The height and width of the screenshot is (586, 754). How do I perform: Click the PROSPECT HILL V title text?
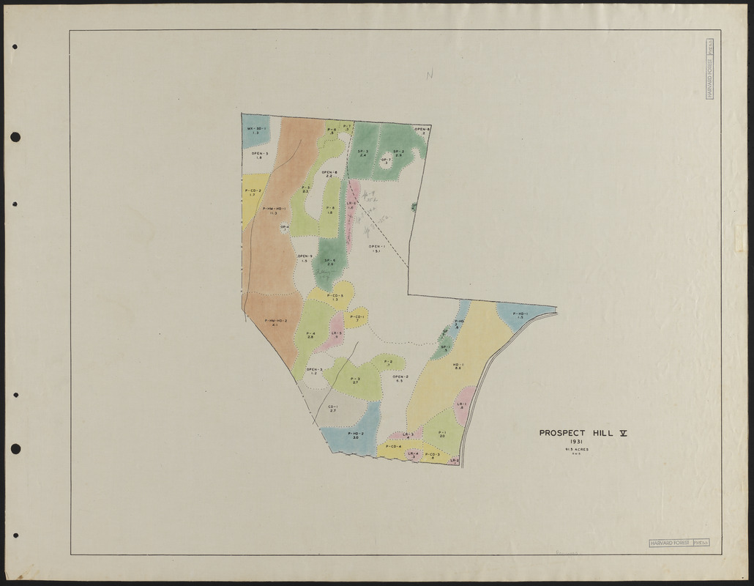(583, 433)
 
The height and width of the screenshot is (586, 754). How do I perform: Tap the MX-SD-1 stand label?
(256, 130)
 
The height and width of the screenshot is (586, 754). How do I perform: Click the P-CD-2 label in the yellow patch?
(253, 192)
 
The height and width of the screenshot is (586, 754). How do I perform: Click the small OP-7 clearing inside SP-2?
(386, 160)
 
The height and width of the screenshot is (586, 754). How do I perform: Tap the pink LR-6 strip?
(351, 207)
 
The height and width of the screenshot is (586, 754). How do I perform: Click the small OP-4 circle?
(285, 228)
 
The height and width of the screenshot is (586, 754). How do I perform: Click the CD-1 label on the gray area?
(332, 408)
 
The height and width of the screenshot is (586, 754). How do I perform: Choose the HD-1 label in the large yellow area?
(458, 366)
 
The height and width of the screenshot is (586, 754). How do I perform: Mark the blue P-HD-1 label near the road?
(519, 315)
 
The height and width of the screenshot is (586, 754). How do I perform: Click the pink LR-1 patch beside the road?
(462, 407)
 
